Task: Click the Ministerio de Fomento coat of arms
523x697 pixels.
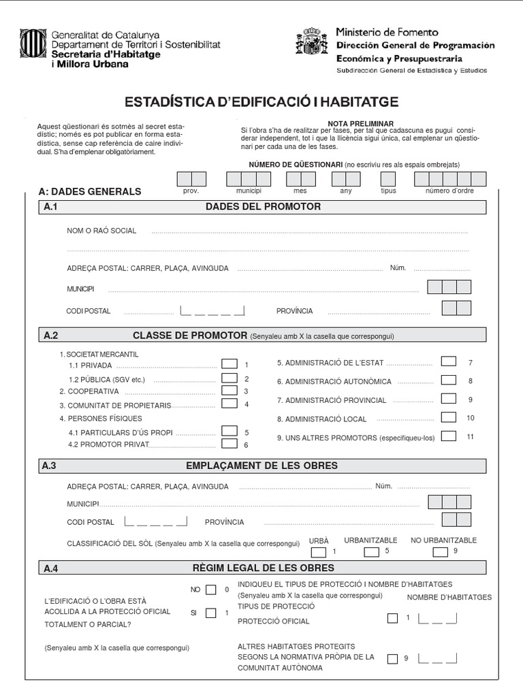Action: click(x=311, y=42)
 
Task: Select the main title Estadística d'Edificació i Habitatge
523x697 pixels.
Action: click(x=261, y=102)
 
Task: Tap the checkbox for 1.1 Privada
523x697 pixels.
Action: click(x=229, y=364)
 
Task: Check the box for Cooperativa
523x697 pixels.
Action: click(x=229, y=391)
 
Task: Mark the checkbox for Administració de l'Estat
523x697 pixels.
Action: click(x=448, y=361)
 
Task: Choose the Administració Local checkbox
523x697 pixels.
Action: click(x=448, y=417)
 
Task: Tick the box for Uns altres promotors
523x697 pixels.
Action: click(x=448, y=436)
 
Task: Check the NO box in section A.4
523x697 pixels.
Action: click(x=211, y=589)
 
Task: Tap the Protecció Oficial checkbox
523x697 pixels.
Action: click(x=392, y=619)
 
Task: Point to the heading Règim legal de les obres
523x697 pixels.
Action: click(x=264, y=568)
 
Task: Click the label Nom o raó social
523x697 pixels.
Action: click(x=101, y=231)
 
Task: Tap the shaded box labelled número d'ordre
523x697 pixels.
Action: click(x=449, y=179)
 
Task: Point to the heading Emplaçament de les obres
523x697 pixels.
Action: click(x=261, y=466)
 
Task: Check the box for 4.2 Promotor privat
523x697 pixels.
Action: click(x=229, y=444)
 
